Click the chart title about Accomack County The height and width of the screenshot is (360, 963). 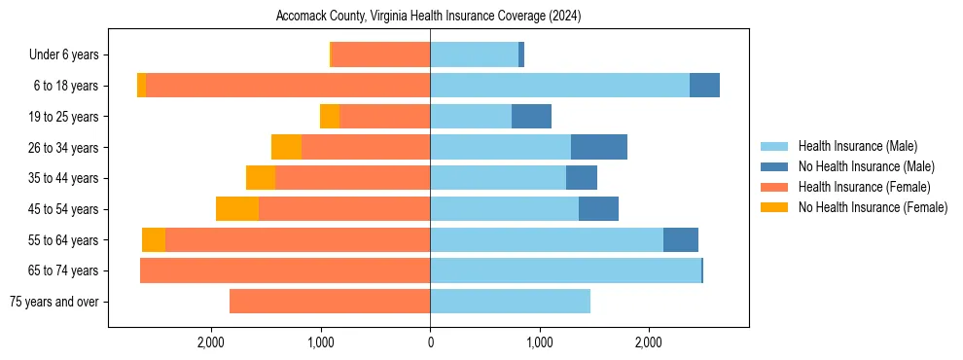pos(429,17)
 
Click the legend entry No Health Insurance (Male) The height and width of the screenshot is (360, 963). pos(863,166)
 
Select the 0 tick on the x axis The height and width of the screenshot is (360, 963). pos(430,342)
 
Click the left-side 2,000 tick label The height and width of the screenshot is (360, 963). pos(211,342)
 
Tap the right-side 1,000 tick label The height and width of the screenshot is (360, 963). pos(540,342)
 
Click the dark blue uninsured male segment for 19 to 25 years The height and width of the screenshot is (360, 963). pos(531,117)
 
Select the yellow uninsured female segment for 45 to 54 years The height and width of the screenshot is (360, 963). pos(237,209)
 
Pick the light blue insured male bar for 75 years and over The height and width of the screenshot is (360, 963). pos(510,302)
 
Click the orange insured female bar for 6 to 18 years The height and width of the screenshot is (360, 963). pos(288,86)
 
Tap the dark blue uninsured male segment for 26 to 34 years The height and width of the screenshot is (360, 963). pos(599,148)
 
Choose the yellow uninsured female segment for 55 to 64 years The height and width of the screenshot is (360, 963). pos(154,240)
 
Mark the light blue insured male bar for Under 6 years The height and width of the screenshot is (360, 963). pos(474,55)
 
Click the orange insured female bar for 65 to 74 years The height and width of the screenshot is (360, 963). pos(285,270)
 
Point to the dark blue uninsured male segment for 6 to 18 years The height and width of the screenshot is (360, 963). pos(704,86)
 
